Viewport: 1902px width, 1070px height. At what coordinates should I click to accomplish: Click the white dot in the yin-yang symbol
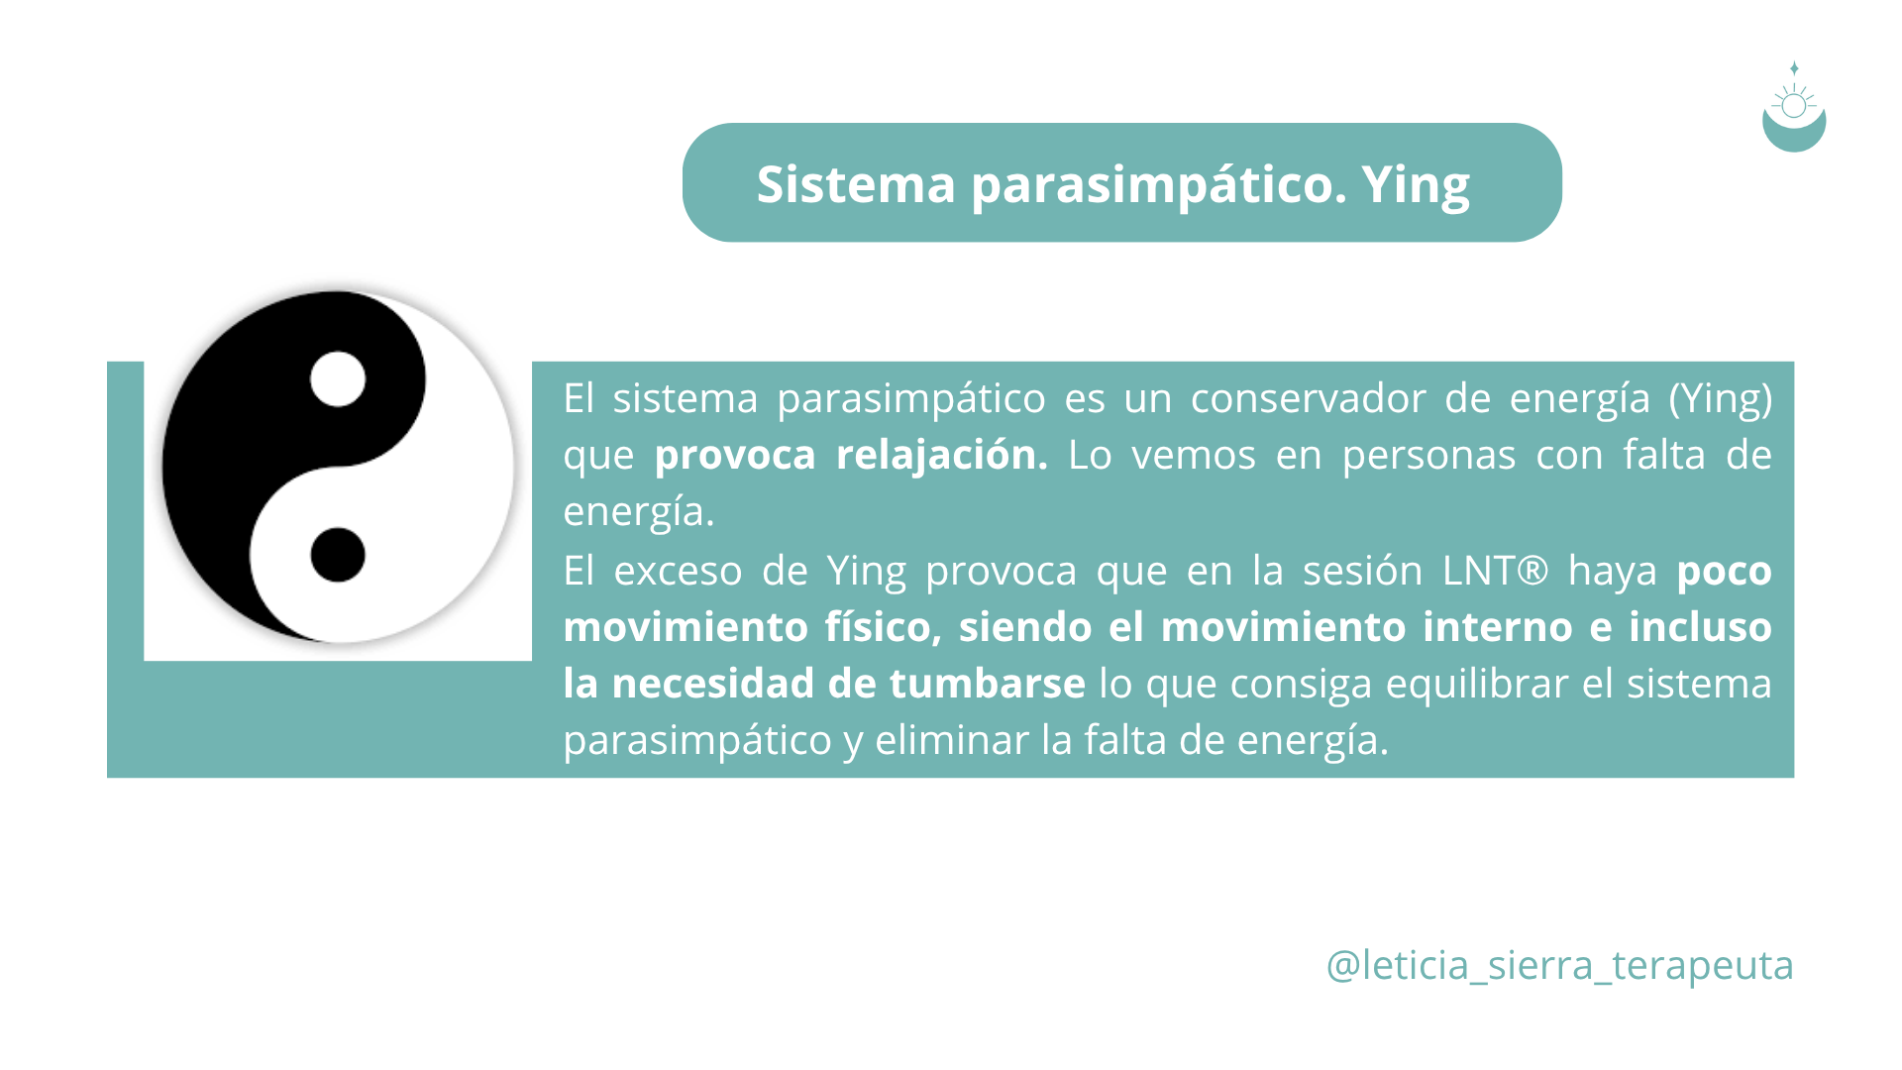point(338,379)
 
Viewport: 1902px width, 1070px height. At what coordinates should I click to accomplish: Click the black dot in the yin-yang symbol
point(338,555)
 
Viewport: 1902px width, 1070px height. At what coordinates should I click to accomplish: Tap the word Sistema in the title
point(856,184)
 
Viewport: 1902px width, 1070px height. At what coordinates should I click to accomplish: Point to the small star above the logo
point(1794,68)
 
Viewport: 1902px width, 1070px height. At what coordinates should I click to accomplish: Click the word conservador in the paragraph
point(1309,399)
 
